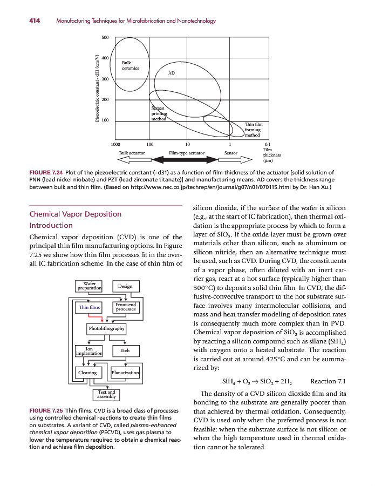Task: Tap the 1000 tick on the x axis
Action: (x=115, y=144)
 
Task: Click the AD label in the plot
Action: (x=172, y=73)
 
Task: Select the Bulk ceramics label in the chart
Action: (x=130, y=65)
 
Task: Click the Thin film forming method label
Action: (x=253, y=130)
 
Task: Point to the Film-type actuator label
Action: (x=187, y=153)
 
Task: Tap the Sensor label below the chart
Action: (x=232, y=153)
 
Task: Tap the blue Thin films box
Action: (x=90, y=307)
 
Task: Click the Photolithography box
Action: (x=106, y=328)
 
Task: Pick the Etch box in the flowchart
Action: (x=125, y=350)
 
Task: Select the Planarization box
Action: (x=125, y=373)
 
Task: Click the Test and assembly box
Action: (x=106, y=395)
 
